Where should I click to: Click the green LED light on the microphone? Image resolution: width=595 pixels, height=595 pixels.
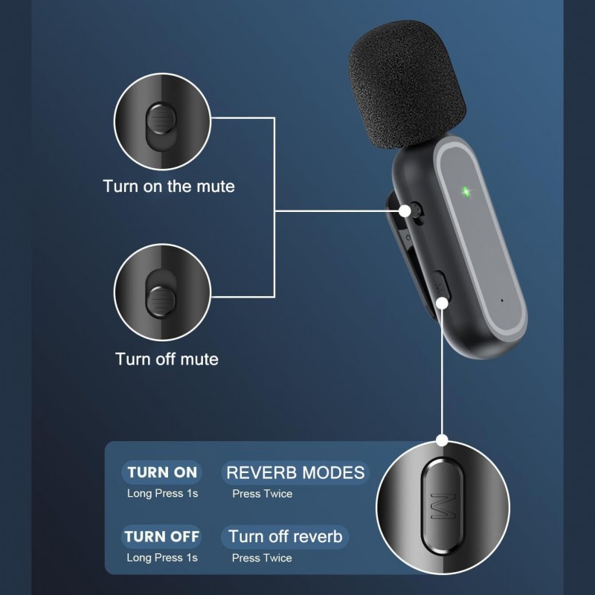pyautogui.click(x=466, y=191)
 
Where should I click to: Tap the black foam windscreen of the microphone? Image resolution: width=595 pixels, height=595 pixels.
pyautogui.click(x=407, y=83)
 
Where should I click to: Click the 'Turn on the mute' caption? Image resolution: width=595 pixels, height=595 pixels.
pyautogui.click(x=169, y=187)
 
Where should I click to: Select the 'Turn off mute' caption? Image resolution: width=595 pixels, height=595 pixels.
pyautogui.click(x=167, y=359)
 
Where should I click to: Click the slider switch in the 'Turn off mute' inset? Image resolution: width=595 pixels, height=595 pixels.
pyautogui.click(x=161, y=301)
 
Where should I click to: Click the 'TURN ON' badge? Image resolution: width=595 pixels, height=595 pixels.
pyautogui.click(x=162, y=472)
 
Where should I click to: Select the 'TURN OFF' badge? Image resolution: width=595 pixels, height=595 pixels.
pyautogui.click(x=161, y=536)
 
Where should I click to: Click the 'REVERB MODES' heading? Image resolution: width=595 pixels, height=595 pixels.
pyautogui.click(x=295, y=473)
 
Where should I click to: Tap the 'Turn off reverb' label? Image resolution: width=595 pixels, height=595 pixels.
pyautogui.click(x=285, y=537)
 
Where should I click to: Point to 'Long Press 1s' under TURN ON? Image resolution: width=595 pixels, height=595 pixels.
pyautogui.click(x=162, y=493)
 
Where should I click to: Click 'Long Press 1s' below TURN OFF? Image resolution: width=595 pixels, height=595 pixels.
pyautogui.click(x=162, y=557)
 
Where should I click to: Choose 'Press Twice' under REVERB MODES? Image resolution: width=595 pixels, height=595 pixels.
pyautogui.click(x=263, y=494)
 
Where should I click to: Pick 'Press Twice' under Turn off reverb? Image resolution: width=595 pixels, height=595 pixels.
pyautogui.click(x=262, y=558)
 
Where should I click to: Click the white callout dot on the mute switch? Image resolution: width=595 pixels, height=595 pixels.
pyautogui.click(x=405, y=211)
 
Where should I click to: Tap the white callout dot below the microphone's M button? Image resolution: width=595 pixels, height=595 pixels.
pyautogui.click(x=443, y=303)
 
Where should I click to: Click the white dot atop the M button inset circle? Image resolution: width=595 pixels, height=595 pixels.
pyautogui.click(x=442, y=440)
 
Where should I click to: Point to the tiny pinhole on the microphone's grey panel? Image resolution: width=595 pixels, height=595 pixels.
pyautogui.click(x=503, y=300)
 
